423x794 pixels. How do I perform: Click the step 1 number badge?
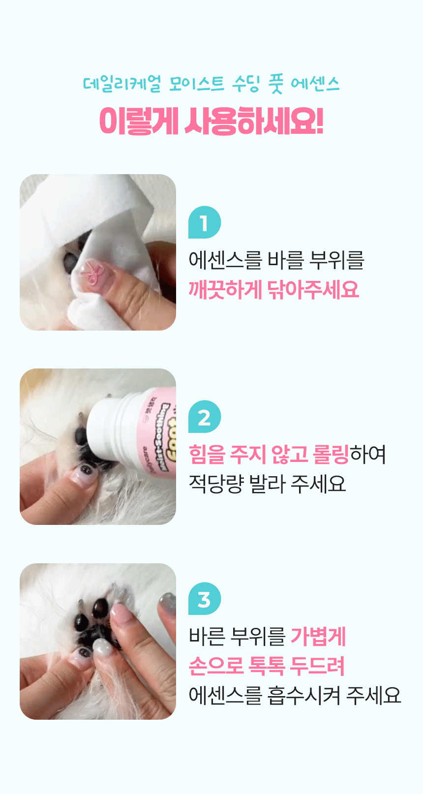click(205, 222)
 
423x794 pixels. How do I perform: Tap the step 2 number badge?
click(205, 417)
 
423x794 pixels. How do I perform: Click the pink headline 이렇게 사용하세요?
click(211, 121)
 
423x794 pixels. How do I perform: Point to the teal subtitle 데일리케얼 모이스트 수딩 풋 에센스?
click(211, 84)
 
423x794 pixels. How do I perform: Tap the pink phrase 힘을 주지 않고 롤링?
click(269, 454)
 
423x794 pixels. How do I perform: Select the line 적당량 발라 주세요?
click(267, 484)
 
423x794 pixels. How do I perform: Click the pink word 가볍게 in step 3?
click(318, 637)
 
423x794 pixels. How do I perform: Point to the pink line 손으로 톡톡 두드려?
click(267, 666)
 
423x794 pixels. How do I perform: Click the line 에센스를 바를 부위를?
click(276, 260)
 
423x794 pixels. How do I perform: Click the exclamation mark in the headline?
click(319, 121)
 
